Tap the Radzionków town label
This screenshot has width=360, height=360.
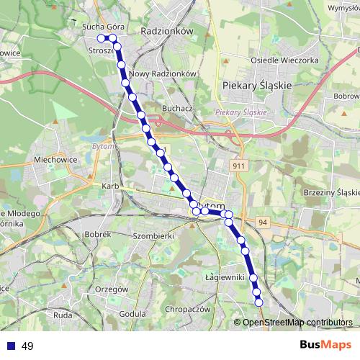coord(168,32)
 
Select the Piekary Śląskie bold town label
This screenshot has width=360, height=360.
coord(248,85)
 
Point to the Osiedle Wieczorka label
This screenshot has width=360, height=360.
coord(284,60)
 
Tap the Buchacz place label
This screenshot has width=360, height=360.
coord(176,108)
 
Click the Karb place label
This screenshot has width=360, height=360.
coord(110,186)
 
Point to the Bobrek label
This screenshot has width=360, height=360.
coord(96,234)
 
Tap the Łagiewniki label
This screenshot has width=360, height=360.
coord(225,277)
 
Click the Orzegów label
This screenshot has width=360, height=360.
coord(111,289)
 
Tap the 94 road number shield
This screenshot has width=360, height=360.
coord(262,222)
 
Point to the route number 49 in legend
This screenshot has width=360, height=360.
coord(27,346)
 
